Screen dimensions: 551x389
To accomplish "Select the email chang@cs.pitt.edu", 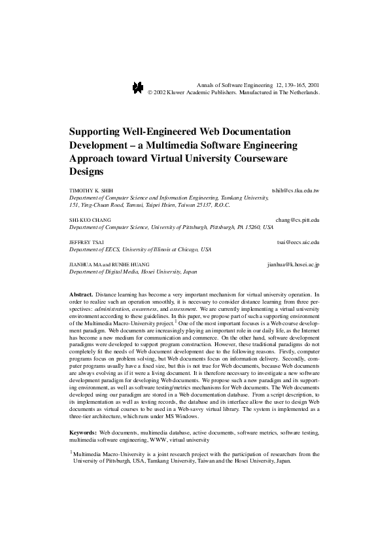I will pyautogui.click(x=297, y=220).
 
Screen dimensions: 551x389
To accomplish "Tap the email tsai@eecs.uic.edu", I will pyautogui.click(x=298, y=242).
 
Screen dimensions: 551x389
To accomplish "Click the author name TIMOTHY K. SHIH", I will pyautogui.click(x=91, y=190).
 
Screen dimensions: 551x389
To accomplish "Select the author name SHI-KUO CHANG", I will pyautogui.click(x=90, y=220).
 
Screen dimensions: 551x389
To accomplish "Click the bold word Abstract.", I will pyautogui.click(x=82, y=295).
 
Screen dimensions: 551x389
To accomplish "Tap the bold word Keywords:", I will pyautogui.click(x=83, y=433).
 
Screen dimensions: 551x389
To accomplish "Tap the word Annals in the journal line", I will pyautogui.click(x=205, y=85).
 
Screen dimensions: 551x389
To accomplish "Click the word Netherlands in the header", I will pyautogui.click(x=301, y=93).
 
